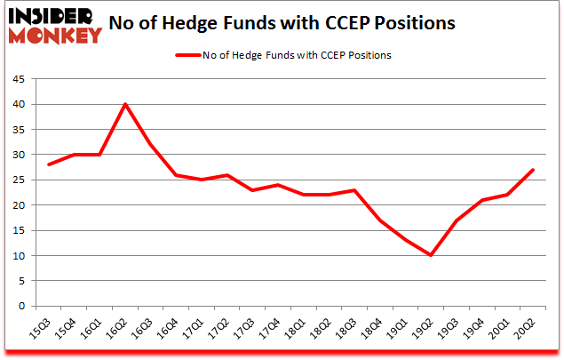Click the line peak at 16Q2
[125, 104]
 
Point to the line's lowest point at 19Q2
[432, 255]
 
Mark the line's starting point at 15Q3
[49, 164]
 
